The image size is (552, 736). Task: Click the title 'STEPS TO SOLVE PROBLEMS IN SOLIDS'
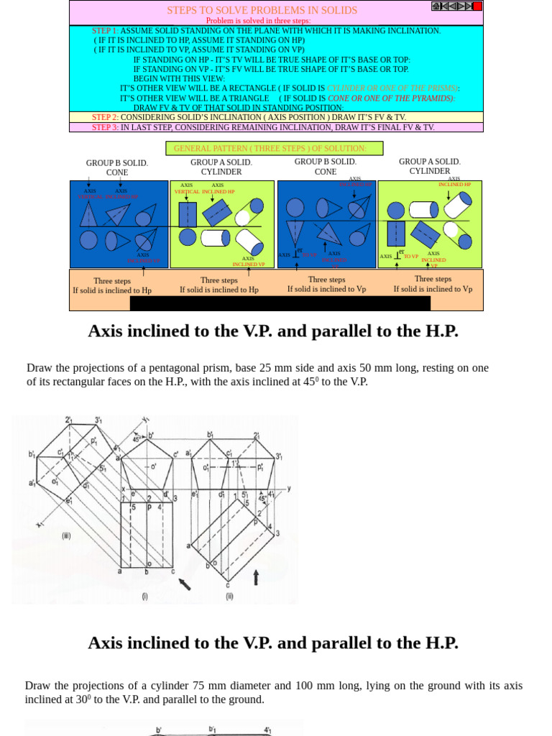[262, 10]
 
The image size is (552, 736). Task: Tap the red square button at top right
[477, 6]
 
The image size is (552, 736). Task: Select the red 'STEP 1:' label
[105, 31]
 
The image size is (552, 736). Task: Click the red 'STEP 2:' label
[105, 117]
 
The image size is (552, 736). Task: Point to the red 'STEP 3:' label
[105, 127]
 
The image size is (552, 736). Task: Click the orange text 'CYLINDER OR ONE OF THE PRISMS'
[392, 88]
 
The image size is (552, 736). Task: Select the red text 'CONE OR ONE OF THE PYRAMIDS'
[390, 98]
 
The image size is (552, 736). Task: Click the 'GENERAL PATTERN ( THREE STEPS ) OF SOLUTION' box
[274, 148]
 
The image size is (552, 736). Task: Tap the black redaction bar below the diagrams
[280, 303]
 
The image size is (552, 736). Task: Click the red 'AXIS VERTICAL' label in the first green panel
[187, 192]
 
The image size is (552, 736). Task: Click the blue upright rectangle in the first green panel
[188, 214]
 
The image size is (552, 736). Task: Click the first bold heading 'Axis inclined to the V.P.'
[272, 331]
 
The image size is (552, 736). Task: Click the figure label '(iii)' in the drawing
[65, 535]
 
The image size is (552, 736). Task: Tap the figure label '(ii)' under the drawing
[229, 596]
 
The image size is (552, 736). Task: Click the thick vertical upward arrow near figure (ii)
[255, 576]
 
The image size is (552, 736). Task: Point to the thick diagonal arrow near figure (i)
[185, 583]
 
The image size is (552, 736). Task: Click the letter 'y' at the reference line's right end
[289, 488]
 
